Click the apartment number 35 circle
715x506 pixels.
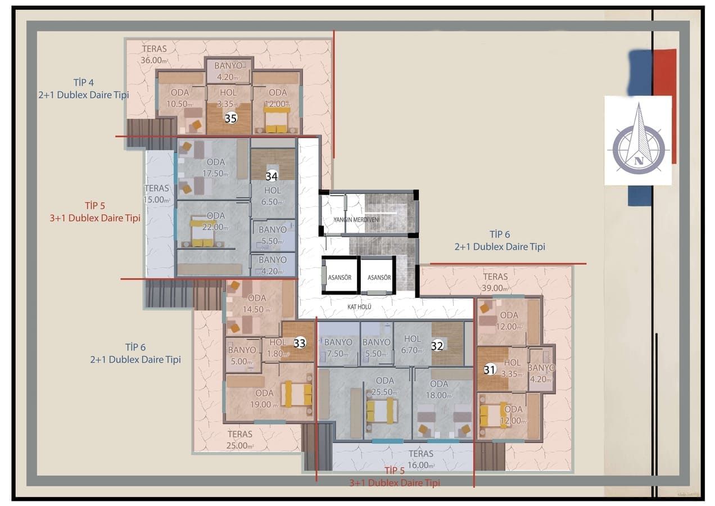coord(230,118)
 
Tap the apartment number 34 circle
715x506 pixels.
coord(272,176)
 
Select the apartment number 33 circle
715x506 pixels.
coord(300,343)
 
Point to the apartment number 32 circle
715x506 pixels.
coord(437,346)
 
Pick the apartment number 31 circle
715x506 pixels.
coord(490,369)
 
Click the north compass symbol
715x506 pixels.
coord(638,141)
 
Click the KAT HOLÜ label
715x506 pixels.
coord(360,307)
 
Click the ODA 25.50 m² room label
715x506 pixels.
coord(385,386)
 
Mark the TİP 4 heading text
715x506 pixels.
coord(83,82)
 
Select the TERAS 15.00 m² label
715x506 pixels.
coord(157,194)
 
